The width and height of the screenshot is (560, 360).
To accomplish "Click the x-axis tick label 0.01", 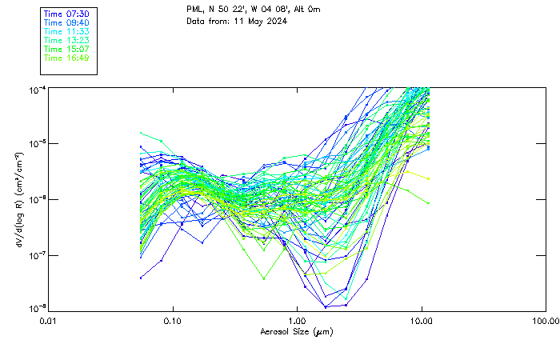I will [49, 322].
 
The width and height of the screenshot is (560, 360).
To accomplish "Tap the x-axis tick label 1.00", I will [297, 322].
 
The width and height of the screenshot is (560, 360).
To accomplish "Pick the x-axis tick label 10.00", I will [421, 322].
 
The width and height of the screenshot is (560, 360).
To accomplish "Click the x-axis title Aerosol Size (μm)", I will [297, 332].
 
